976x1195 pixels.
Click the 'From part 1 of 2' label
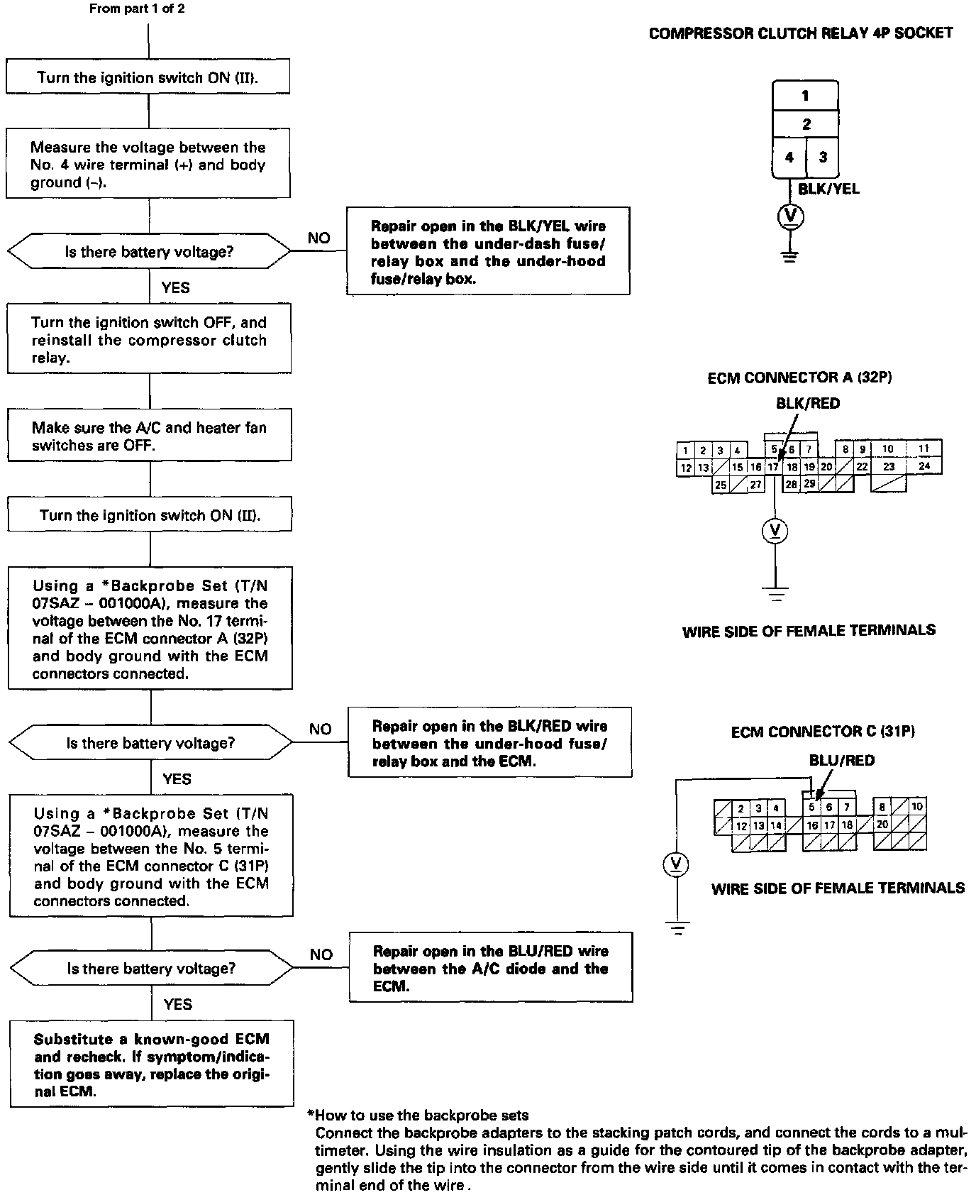pos(137,9)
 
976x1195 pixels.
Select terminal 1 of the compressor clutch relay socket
pos(805,96)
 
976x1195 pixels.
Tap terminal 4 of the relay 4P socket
pos(789,157)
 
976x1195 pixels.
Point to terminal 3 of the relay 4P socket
pos(822,157)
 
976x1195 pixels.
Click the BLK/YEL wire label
pos(828,189)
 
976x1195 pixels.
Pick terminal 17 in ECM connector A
pos(773,467)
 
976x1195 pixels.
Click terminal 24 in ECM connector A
pos(924,466)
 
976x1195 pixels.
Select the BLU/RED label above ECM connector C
pos(841,760)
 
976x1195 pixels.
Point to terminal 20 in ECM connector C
pos(882,825)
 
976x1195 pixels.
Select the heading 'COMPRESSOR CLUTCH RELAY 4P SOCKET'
pos(801,33)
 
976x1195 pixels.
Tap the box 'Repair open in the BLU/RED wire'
pos(490,968)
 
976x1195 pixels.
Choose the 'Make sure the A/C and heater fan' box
pos(150,436)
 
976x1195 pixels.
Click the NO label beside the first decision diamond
pos(318,238)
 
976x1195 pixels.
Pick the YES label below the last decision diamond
pos(177,1003)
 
